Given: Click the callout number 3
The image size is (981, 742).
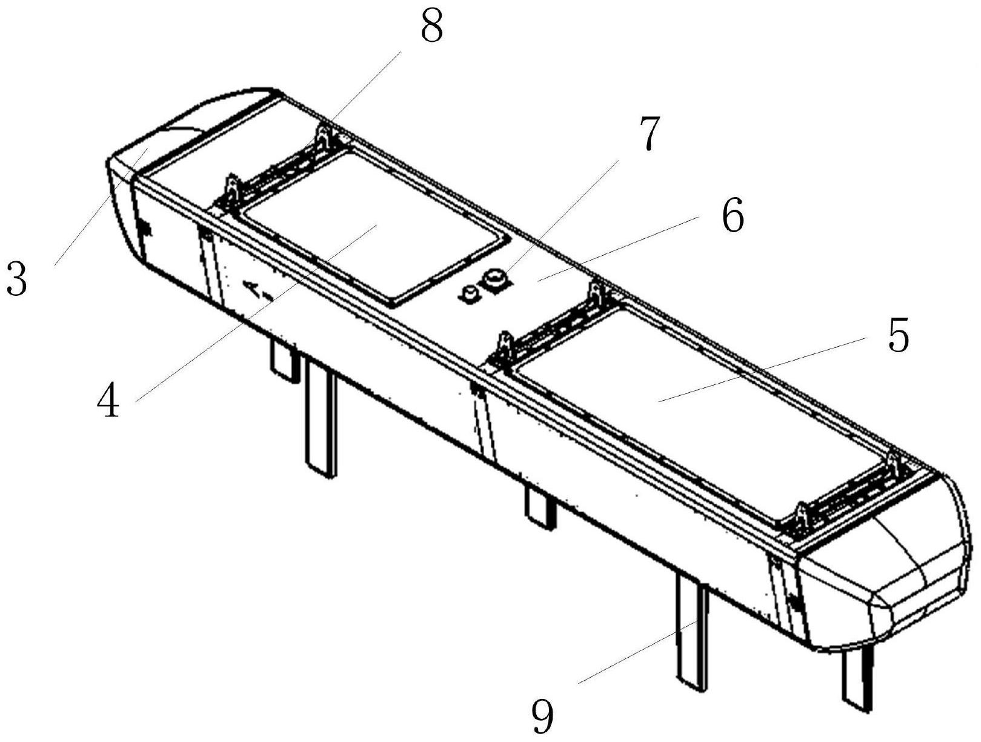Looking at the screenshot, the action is point(17,278).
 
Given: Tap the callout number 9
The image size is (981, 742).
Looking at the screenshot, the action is point(543,714).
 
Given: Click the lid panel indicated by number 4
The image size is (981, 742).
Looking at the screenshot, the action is point(371,227).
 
